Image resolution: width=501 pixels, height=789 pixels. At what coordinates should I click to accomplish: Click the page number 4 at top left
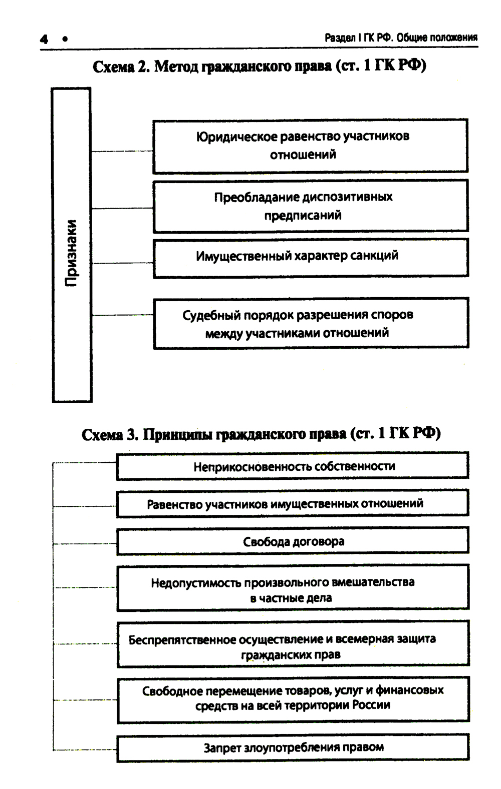45,39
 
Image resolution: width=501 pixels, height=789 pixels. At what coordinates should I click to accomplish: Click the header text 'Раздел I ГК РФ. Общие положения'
401,38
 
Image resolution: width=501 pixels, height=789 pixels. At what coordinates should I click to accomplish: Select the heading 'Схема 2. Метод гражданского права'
259,66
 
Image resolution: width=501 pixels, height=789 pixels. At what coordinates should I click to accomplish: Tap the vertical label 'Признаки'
72,253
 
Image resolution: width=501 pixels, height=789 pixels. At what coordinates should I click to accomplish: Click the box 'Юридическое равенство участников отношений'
310,146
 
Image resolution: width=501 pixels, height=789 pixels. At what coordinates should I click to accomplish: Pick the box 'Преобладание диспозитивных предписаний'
310,206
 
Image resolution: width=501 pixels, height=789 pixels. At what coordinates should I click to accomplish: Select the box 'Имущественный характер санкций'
310,257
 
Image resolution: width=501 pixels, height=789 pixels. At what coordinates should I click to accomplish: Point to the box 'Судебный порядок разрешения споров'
311,323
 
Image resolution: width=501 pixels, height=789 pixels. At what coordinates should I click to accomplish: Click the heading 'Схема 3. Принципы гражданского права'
261,433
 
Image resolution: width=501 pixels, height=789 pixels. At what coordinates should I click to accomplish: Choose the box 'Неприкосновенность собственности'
293,466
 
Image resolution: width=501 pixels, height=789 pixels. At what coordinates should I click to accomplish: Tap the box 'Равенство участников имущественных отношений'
293,504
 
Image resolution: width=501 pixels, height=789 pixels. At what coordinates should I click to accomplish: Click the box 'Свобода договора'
293,541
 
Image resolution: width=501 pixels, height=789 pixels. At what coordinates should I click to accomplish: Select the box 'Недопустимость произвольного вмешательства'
293,589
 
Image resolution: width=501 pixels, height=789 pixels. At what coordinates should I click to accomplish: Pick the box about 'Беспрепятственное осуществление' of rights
293,645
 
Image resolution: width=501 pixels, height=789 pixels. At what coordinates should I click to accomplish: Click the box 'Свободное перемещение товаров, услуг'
293,698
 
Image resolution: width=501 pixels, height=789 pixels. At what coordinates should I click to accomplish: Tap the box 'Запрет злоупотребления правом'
293,747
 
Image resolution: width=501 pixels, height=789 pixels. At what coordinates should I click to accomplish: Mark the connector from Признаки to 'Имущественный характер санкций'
122,263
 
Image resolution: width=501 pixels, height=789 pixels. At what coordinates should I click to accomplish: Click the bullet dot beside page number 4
65,39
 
